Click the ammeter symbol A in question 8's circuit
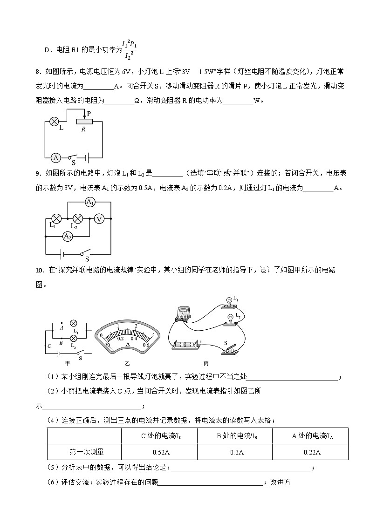pyautogui.click(x=55, y=158)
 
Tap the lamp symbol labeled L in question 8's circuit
pyautogui.click(x=54, y=122)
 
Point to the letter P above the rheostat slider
pyautogui.click(x=89, y=114)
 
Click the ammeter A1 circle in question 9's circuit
pyautogui.click(x=90, y=202)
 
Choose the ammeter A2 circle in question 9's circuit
pyautogui.click(x=68, y=237)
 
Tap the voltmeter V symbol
pyautogui.click(x=98, y=218)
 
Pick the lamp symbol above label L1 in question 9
pyautogui.click(x=56, y=218)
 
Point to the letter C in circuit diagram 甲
pyautogui.click(x=49, y=346)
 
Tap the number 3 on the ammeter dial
pyautogui.click(x=153, y=335)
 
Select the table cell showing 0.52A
pyautogui.click(x=159, y=452)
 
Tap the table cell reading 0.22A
pyautogui.click(x=310, y=452)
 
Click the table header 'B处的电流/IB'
pyautogui.click(x=234, y=436)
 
